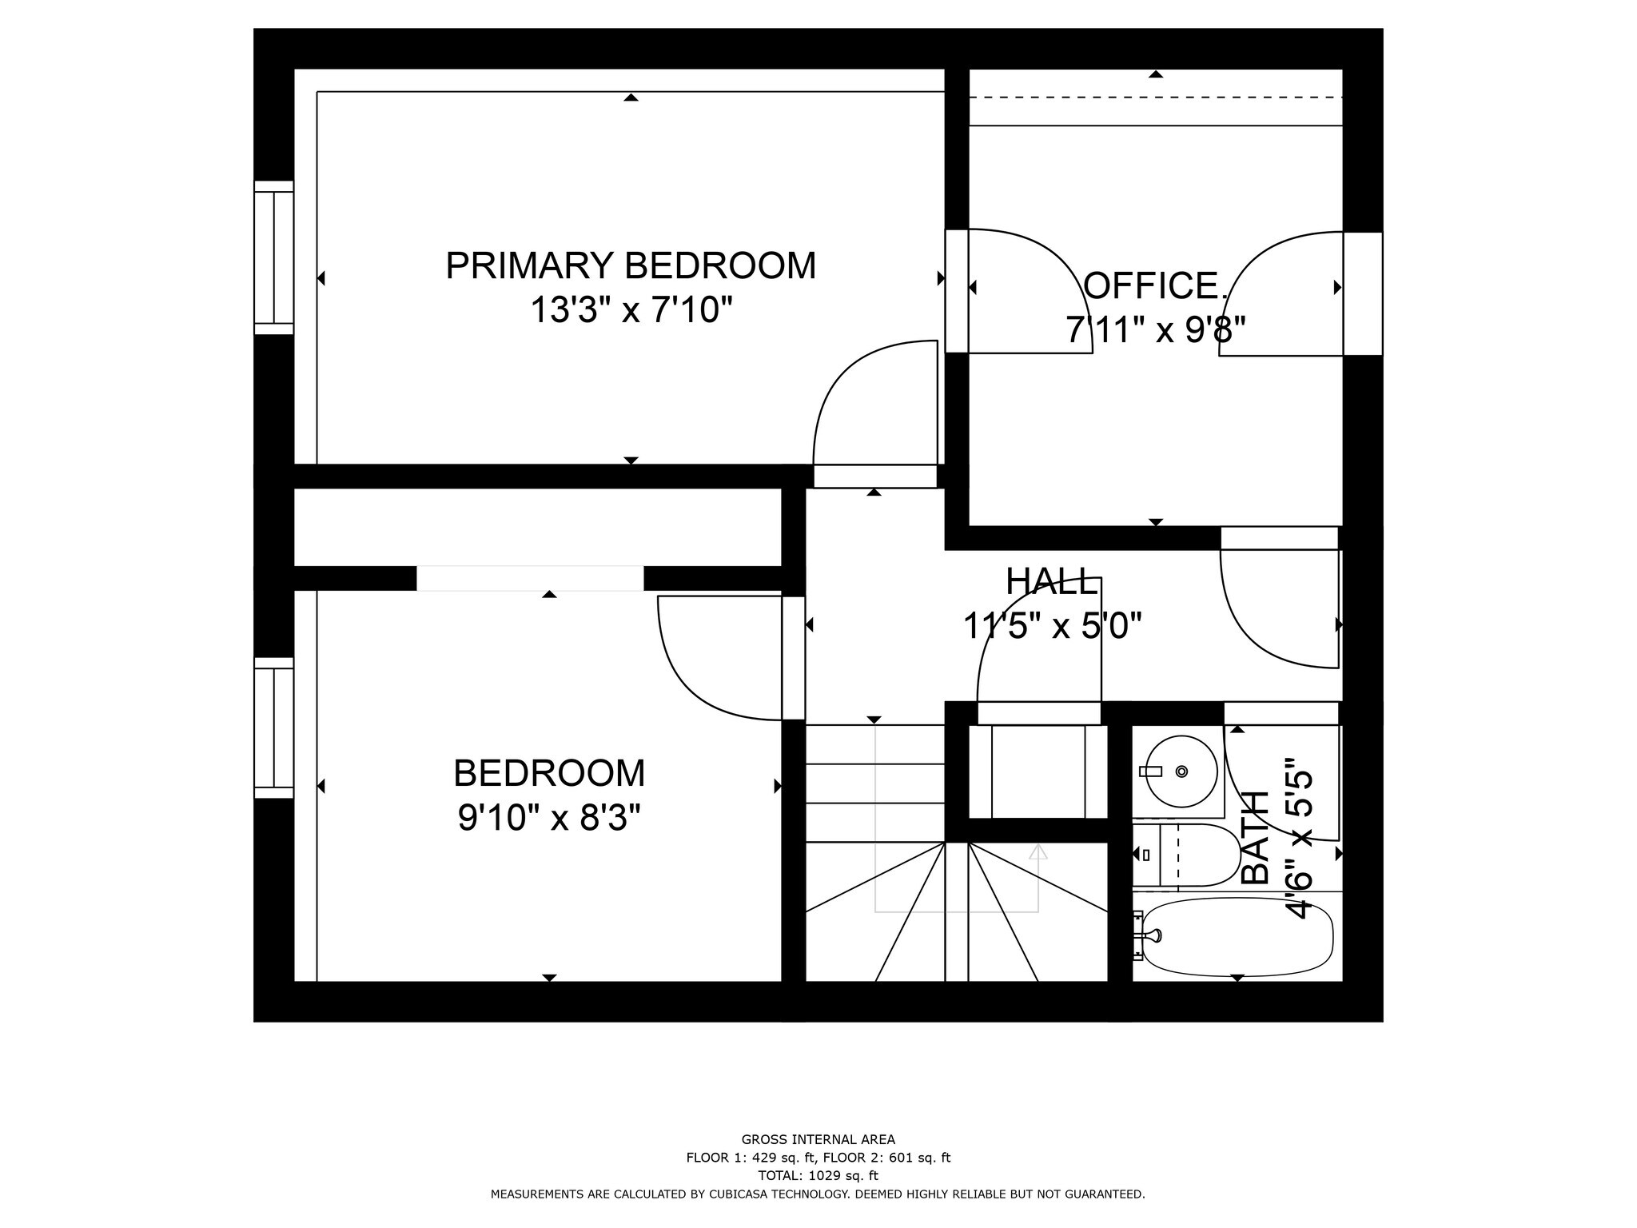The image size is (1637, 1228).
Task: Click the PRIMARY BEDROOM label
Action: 631,265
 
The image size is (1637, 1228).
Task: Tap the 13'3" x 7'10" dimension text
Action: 631,310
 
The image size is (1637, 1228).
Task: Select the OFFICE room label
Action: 1154,286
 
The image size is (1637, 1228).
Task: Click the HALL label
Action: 1051,582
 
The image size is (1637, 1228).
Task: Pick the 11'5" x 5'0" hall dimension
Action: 1052,626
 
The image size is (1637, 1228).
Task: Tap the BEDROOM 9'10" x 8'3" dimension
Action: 549,818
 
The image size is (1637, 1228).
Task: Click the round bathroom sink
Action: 1181,771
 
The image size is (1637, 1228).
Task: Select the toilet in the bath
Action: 1191,855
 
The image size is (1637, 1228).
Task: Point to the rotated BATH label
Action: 1257,838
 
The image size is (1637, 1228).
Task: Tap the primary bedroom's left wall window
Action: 274,257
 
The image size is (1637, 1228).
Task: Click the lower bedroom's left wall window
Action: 274,728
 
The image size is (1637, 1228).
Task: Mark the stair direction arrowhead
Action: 1038,852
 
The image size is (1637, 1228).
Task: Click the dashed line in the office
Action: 1155,98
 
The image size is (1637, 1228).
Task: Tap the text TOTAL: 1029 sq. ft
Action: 818,1176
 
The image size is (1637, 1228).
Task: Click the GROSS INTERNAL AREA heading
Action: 818,1139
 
